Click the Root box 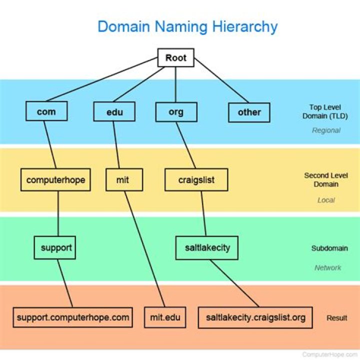[175, 57]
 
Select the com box [46, 111]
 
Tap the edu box [114, 111]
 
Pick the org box [176, 111]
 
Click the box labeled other [249, 111]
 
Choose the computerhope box [56, 179]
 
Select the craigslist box [196, 179]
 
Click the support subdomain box [55, 247]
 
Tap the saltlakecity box [206, 247]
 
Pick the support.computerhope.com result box [73, 317]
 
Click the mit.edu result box [165, 317]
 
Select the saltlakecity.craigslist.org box [255, 317]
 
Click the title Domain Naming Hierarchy [187, 26]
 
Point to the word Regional [326, 130]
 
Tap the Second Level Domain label [326, 179]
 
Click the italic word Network [327, 267]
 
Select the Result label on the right [337, 317]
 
